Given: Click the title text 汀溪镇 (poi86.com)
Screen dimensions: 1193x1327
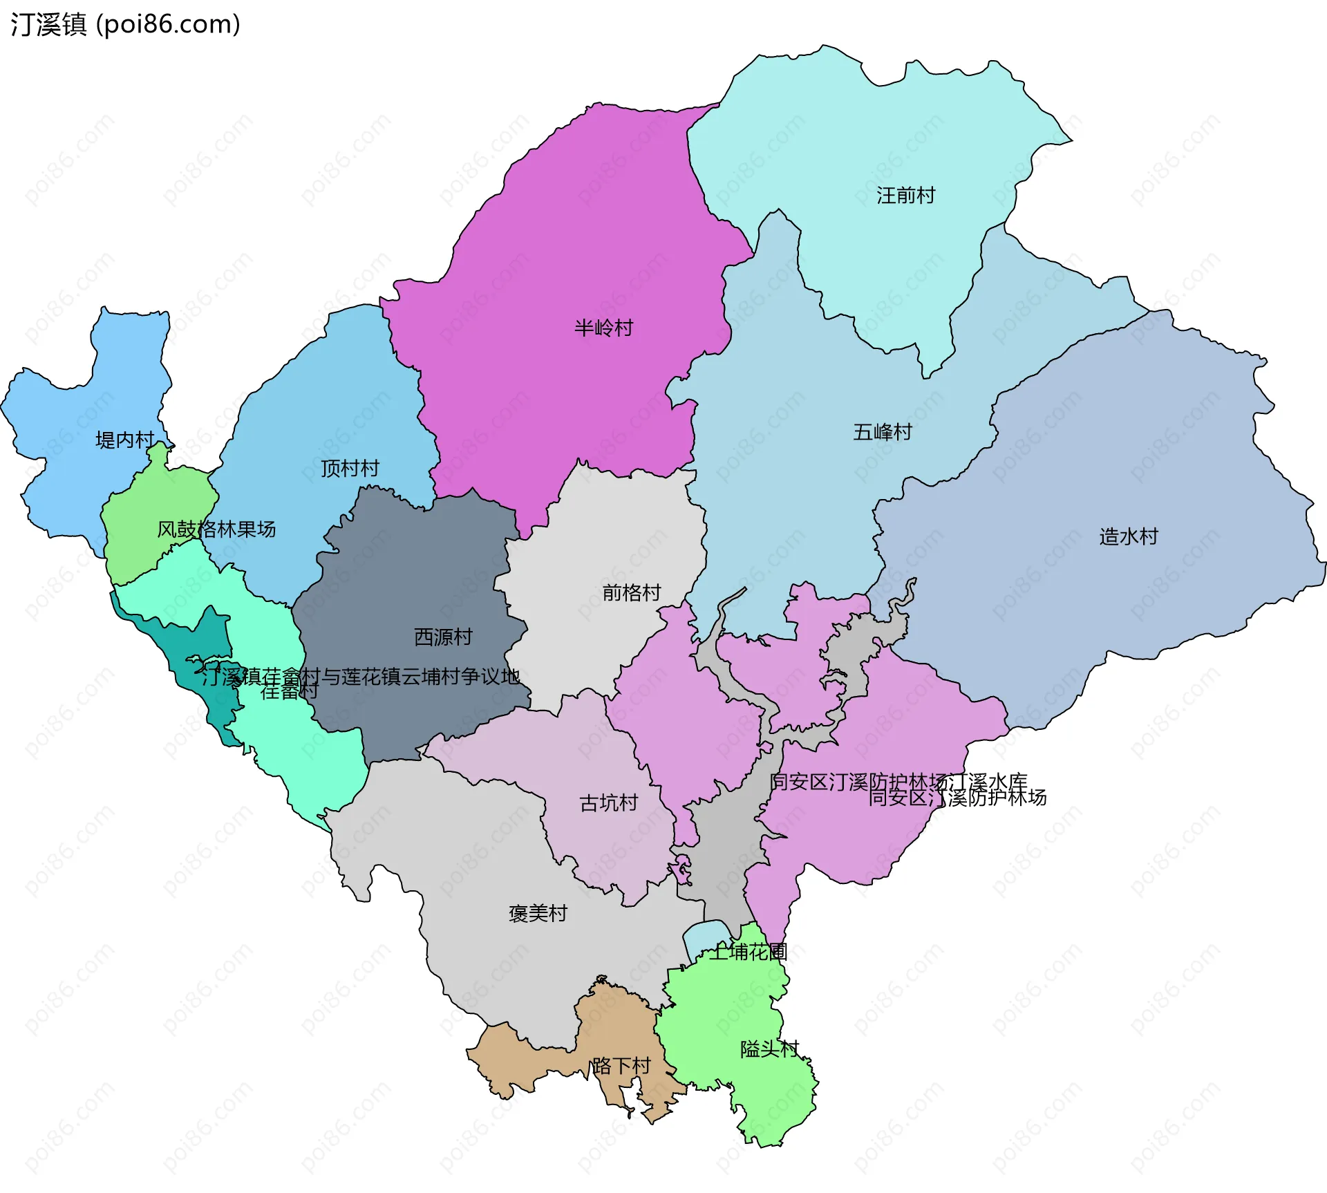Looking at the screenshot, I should pyautogui.click(x=125, y=25).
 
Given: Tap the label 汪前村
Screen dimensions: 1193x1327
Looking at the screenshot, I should pyautogui.click(x=905, y=196).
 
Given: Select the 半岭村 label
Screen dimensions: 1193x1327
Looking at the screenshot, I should pyautogui.click(x=603, y=328).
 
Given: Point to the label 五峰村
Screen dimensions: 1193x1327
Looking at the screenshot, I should pyautogui.click(x=883, y=432).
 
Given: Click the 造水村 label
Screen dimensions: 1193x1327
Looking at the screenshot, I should pyautogui.click(x=1128, y=536).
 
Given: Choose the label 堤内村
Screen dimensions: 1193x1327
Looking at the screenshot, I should pyautogui.click(x=125, y=440).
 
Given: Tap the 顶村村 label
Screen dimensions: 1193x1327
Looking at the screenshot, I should pyautogui.click(x=350, y=469).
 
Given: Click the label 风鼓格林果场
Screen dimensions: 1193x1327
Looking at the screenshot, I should pyautogui.click(x=216, y=529).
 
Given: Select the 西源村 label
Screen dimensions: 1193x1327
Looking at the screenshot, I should pyautogui.click(x=443, y=637).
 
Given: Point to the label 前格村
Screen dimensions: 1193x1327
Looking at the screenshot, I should pyautogui.click(x=631, y=592).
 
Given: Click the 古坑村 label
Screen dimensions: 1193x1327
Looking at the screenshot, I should pyautogui.click(x=608, y=803).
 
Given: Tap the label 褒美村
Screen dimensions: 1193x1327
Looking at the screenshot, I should pyautogui.click(x=538, y=914).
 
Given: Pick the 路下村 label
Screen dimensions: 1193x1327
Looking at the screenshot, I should pyautogui.click(x=621, y=1066).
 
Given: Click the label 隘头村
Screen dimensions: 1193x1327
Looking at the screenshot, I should pyautogui.click(x=769, y=1049).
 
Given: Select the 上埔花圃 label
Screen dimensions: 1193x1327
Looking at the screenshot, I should pyautogui.click(x=749, y=952).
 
